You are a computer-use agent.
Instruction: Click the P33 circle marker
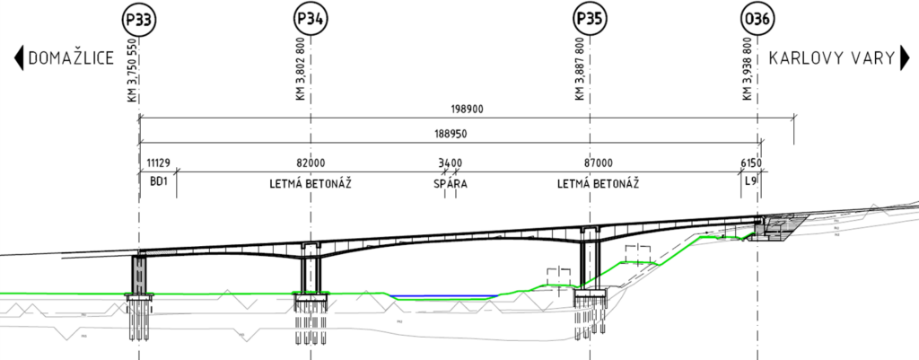(x=139, y=18)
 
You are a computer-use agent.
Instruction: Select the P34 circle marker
(x=311, y=18)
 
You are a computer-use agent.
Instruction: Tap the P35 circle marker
(x=589, y=18)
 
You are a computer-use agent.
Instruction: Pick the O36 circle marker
(x=757, y=18)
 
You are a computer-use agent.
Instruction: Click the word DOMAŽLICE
(x=71, y=59)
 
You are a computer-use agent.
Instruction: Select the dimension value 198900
(x=466, y=109)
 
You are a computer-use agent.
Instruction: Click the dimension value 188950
(x=450, y=133)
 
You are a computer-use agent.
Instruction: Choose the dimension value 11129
(x=158, y=162)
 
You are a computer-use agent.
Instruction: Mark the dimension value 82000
(x=311, y=162)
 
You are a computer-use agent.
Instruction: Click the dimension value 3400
(x=450, y=162)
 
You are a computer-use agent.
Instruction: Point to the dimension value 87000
(x=598, y=162)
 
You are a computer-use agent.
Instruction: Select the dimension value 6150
(x=751, y=162)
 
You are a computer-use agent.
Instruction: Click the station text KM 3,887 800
(x=579, y=69)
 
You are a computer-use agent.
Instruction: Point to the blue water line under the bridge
(x=444, y=296)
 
